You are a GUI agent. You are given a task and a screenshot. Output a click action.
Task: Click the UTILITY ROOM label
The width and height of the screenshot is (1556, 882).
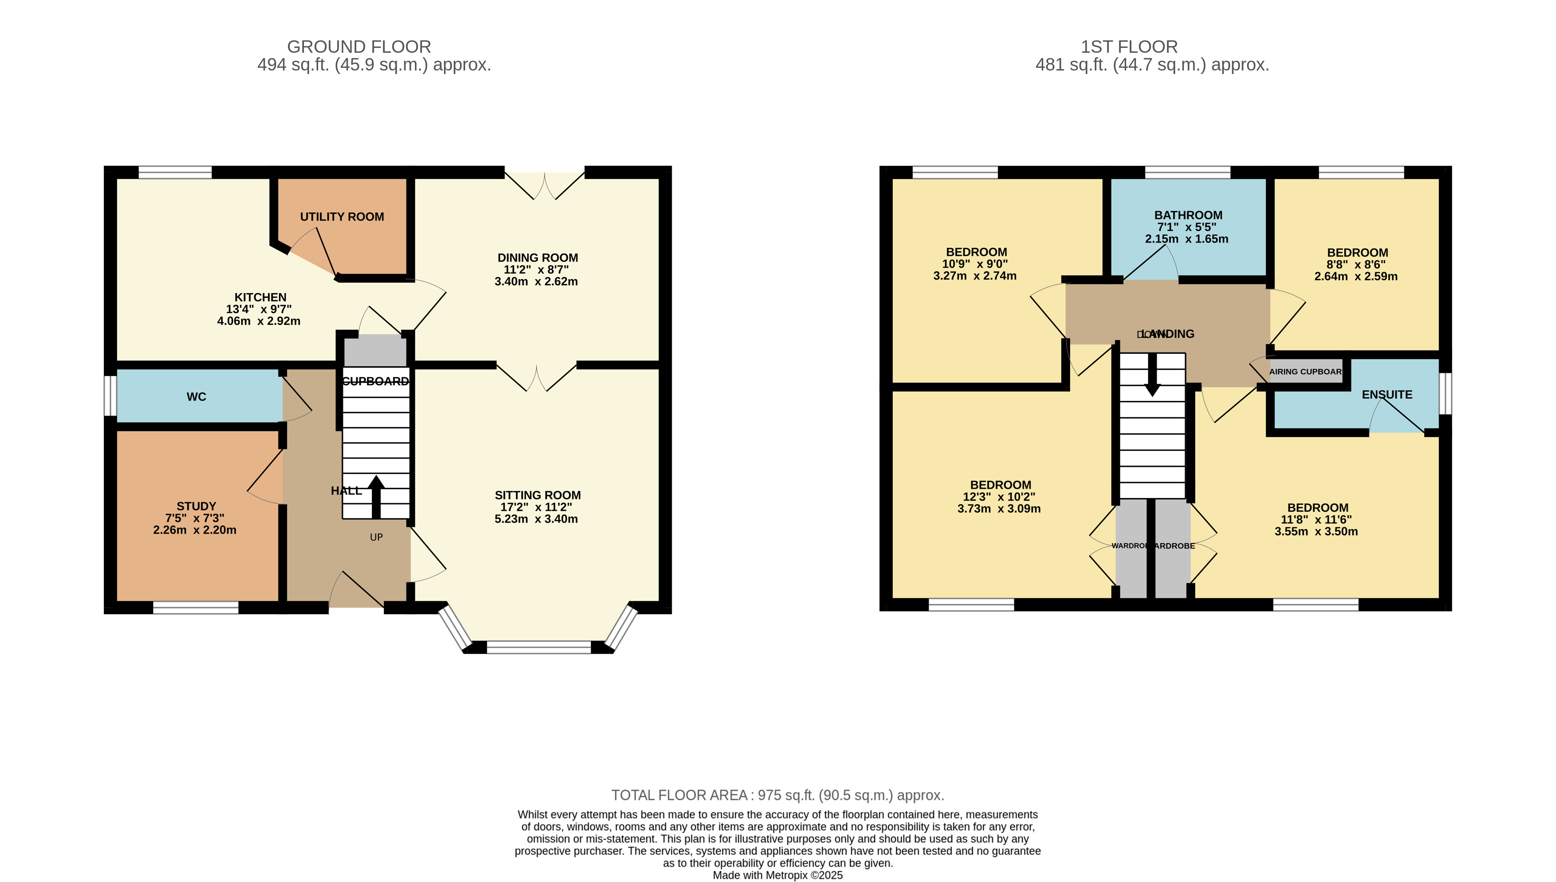(342, 217)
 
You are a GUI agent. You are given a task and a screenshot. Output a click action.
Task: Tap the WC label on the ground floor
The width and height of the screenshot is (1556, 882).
(196, 397)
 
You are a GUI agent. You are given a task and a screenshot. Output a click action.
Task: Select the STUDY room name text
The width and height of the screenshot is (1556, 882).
(196, 506)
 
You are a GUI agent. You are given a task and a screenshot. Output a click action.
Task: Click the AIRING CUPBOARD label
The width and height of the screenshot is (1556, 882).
(1305, 371)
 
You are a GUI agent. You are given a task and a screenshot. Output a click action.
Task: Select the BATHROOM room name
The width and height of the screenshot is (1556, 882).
(1188, 215)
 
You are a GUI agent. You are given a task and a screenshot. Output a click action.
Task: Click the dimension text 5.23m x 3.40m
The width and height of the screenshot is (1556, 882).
(536, 519)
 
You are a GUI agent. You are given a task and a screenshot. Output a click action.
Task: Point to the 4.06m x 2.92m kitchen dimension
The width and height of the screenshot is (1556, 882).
(259, 321)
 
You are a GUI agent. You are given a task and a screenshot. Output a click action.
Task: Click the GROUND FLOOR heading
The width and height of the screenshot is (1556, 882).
(358, 47)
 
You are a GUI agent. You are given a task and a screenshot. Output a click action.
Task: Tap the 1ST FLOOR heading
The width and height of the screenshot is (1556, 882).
(1129, 47)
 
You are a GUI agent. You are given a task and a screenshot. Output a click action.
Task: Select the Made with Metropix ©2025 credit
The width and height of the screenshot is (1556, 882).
(777, 875)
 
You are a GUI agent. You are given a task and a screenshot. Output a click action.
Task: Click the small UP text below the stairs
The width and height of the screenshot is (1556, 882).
(376, 537)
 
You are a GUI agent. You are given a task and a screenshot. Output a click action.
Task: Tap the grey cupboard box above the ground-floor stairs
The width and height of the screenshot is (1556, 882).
(375, 351)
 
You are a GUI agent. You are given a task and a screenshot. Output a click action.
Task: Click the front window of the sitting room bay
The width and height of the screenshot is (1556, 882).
(539, 647)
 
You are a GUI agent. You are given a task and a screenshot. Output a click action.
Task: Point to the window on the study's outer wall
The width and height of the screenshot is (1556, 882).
(196, 608)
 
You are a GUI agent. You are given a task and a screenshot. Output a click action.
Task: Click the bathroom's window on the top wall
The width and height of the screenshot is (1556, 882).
(1188, 172)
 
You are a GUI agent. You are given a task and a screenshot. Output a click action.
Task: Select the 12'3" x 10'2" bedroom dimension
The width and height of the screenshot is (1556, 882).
(999, 497)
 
